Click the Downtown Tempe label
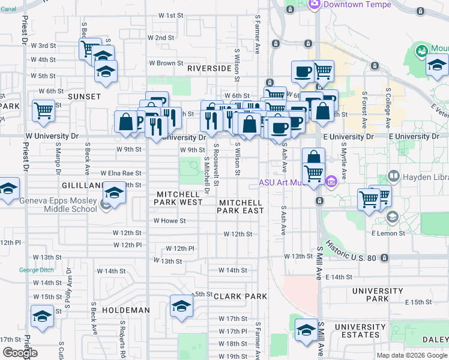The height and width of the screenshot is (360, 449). click(357, 4)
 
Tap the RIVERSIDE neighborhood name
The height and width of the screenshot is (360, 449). click(209, 68)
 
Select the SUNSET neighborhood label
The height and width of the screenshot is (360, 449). click(84, 96)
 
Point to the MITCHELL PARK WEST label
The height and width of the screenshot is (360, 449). click(178, 199)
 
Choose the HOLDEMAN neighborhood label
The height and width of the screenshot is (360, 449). click(125, 310)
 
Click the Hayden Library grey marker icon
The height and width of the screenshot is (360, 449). click(394, 176)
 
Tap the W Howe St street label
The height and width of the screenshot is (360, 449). click(169, 221)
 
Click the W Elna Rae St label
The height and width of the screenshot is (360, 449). click(121, 173)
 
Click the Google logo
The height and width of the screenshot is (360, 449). click(20, 352)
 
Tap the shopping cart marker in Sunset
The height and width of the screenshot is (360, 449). click(44, 110)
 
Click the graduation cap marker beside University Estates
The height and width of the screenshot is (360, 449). click(306, 330)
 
